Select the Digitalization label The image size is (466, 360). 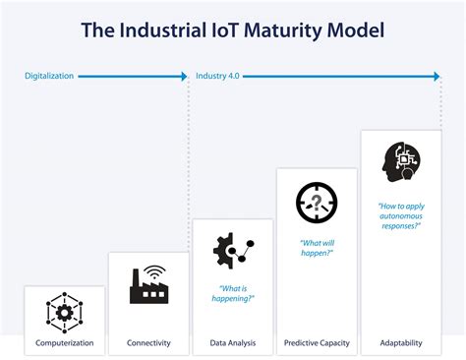pyautogui.click(x=49, y=75)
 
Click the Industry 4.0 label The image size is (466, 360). pyautogui.click(x=217, y=75)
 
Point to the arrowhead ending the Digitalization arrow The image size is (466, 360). pyautogui.click(x=184, y=75)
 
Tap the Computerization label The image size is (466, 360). pyautogui.click(x=65, y=343)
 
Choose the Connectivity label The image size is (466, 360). pyautogui.click(x=149, y=343)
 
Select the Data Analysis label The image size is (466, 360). pyautogui.click(x=233, y=343)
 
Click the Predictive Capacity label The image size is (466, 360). pyautogui.click(x=317, y=343)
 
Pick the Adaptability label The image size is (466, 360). pyautogui.click(x=401, y=343)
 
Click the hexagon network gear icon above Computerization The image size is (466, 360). pyautogui.click(x=65, y=313)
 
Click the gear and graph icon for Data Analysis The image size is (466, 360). pyautogui.click(x=233, y=251)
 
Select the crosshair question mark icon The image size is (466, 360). pyautogui.click(x=317, y=203)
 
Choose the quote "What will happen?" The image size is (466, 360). pyautogui.click(x=317, y=248)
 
